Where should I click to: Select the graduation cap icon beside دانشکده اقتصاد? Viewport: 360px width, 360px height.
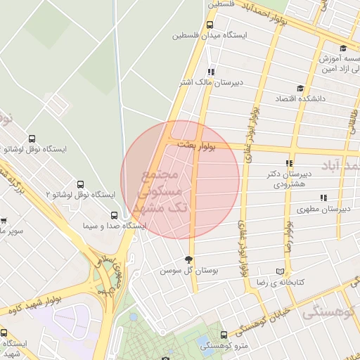[300, 89]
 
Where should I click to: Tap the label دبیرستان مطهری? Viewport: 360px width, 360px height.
[323, 209]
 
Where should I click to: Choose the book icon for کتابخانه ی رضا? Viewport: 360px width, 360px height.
[281, 271]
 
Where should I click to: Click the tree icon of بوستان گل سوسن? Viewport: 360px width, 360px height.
[188, 260]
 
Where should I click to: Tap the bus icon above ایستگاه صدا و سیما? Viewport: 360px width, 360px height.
[114, 215]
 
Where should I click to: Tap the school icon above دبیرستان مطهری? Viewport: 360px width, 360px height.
[323, 198]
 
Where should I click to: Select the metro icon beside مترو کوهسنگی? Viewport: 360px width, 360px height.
[224, 335]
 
